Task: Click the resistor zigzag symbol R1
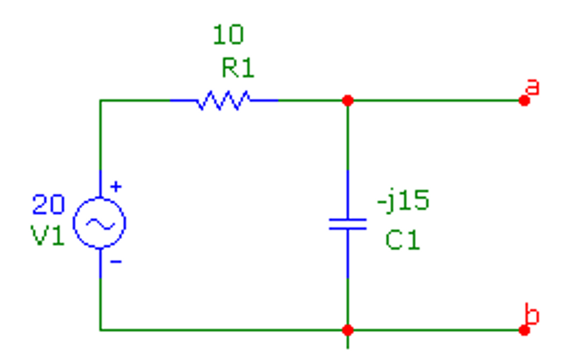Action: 224,100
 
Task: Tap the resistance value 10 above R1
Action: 228,35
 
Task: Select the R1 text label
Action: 238,68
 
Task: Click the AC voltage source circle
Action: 99,223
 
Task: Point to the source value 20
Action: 48,204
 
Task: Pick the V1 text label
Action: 48,235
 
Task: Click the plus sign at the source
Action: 116,187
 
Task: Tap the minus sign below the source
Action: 116,262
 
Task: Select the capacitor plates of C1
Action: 348,224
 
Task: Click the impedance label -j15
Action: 403,200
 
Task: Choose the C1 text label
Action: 402,240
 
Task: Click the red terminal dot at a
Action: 524,101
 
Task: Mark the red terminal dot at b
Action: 524,330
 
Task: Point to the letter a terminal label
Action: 532,87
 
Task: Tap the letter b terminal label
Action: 532,314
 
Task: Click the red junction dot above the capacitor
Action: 348,101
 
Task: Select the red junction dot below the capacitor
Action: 348,330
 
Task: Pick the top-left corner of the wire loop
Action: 100,100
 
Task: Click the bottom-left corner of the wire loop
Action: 100,330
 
